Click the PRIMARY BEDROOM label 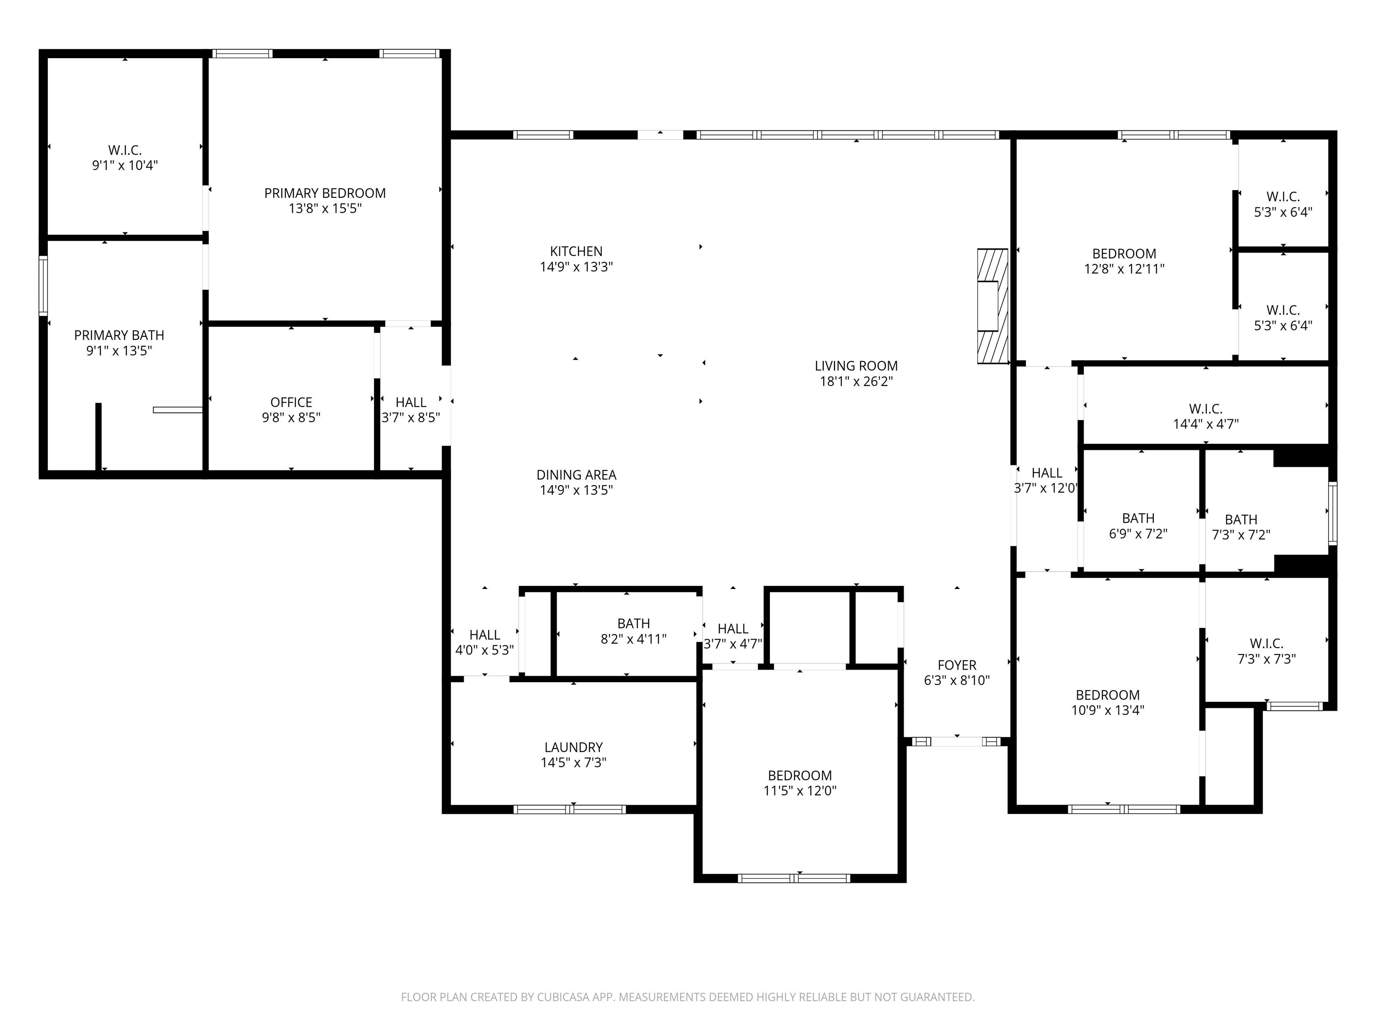coord(325,193)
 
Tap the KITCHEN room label coord(576,251)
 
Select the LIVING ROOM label coord(856,366)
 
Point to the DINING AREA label coord(576,475)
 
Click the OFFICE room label coord(291,403)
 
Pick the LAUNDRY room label coord(573,748)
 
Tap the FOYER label coord(957,666)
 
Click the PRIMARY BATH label coord(119,335)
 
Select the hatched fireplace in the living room coord(992,306)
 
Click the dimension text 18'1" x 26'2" coord(856,381)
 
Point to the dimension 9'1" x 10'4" coord(125,165)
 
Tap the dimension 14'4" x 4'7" coord(1205,424)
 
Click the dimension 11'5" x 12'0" coord(800,791)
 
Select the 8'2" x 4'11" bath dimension coord(633,639)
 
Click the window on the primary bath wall coord(43,287)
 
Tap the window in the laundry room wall coord(570,809)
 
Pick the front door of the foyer coord(957,741)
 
